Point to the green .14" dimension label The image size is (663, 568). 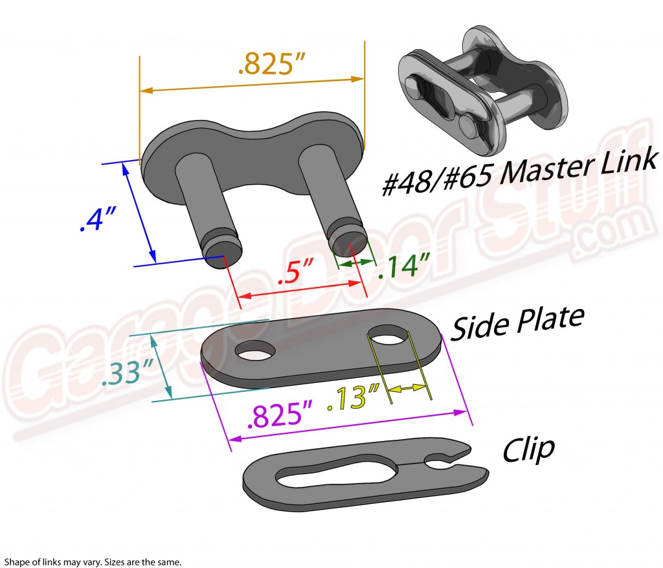click(404, 265)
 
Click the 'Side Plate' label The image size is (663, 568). click(517, 322)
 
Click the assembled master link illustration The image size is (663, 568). click(480, 95)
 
